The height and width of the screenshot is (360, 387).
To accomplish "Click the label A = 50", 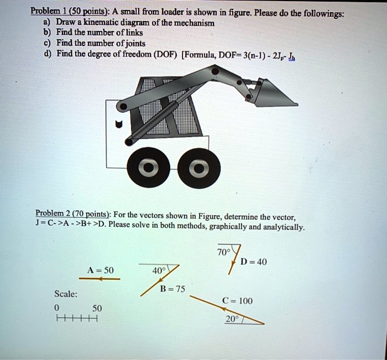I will [100, 270].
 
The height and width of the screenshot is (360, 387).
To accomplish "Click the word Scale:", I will [66, 294].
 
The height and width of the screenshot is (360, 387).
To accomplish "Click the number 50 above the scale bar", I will [97, 307].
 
